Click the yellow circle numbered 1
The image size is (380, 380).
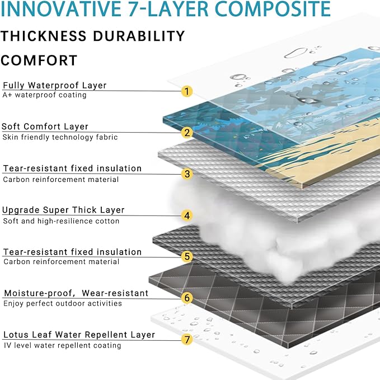pyautogui.click(x=187, y=91)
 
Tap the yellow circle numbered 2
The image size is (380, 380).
pyautogui.click(x=187, y=133)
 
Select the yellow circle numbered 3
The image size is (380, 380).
pyautogui.click(x=187, y=174)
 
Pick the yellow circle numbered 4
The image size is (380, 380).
pyautogui.click(x=187, y=215)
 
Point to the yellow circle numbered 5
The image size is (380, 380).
pyautogui.click(x=187, y=257)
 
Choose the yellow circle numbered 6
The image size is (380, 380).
pyautogui.click(x=187, y=298)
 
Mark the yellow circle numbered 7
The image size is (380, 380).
pyautogui.click(x=187, y=340)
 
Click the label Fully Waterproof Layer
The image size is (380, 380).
pyautogui.click(x=55, y=86)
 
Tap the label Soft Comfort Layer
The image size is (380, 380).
pyautogui.click(x=45, y=127)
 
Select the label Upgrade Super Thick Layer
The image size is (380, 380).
pyautogui.click(x=63, y=210)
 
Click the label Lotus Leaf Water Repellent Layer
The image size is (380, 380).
pyautogui.click(x=79, y=335)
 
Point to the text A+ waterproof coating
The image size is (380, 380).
pyautogui.click(x=45, y=95)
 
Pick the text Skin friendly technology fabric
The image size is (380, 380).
pyautogui.click(x=60, y=137)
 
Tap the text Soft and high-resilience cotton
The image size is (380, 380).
pyautogui.click(x=61, y=221)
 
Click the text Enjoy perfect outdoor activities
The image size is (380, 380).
pyautogui.click(x=63, y=304)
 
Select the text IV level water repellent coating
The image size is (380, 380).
pyautogui.click(x=62, y=346)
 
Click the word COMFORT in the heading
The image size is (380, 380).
pyautogui.click(x=39, y=60)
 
